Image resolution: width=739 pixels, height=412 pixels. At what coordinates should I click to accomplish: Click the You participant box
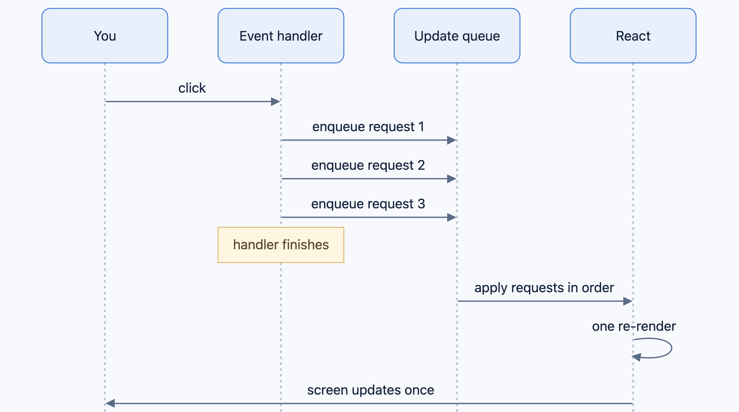pyautogui.click(x=105, y=36)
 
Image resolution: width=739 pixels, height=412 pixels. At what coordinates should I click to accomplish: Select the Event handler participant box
pyautogui.click(x=281, y=36)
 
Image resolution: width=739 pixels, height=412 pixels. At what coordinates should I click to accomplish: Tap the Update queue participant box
pyautogui.click(x=457, y=36)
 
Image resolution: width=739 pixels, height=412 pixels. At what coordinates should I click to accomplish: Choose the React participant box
pyautogui.click(x=633, y=36)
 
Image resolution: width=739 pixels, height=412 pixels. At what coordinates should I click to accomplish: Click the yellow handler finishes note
pyautogui.click(x=281, y=245)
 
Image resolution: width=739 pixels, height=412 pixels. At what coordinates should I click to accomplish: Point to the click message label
pyautogui.click(x=192, y=88)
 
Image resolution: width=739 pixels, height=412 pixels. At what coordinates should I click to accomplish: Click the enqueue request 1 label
pyautogui.click(x=368, y=127)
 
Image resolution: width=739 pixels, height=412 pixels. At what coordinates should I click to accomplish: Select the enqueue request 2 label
pyautogui.click(x=368, y=165)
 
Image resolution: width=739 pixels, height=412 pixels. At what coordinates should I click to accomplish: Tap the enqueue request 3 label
pyautogui.click(x=368, y=204)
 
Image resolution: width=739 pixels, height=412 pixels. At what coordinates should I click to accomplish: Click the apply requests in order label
pyautogui.click(x=544, y=288)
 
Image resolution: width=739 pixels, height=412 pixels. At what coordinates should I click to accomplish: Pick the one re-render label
pyautogui.click(x=634, y=326)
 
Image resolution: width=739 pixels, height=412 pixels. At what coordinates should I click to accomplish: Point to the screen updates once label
pyautogui.click(x=371, y=390)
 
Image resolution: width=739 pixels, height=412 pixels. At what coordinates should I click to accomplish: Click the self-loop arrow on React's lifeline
pyautogui.click(x=672, y=348)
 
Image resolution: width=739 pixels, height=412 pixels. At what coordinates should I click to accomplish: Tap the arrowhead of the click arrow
pyautogui.click(x=276, y=102)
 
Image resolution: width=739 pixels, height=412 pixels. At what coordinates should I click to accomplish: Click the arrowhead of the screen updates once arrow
pyautogui.click(x=110, y=403)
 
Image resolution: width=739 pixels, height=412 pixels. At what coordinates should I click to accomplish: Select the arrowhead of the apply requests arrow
pyautogui.click(x=628, y=301)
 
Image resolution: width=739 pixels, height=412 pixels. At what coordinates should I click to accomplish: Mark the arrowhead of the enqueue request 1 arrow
pyautogui.click(x=452, y=140)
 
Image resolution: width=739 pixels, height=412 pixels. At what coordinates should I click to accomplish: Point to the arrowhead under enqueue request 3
pyautogui.click(x=452, y=217)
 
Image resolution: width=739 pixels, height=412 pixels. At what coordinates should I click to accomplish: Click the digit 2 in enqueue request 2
pyautogui.click(x=421, y=165)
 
